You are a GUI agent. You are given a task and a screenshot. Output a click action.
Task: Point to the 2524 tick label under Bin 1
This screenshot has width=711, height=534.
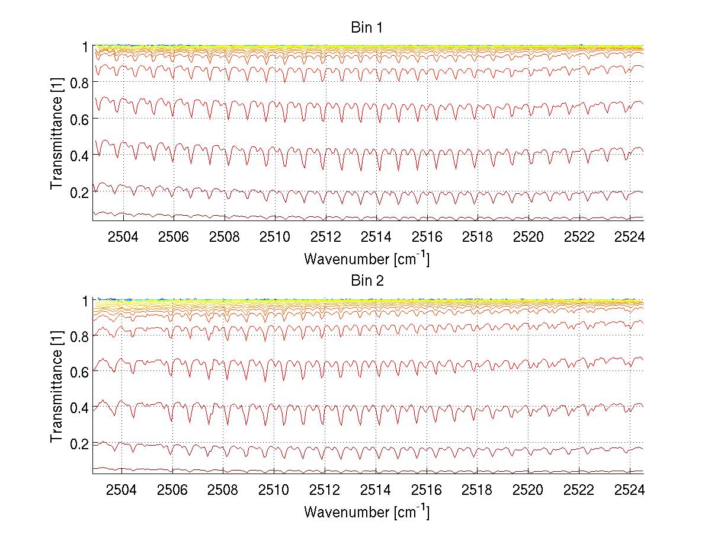[630, 237]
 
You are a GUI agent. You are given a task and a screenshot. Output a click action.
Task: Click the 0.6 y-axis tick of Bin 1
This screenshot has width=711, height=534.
[79, 119]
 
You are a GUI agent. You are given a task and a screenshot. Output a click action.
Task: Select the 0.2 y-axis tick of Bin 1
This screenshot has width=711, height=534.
[79, 192]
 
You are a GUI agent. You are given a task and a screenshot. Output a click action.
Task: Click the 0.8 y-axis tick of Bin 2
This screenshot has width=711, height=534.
[79, 336]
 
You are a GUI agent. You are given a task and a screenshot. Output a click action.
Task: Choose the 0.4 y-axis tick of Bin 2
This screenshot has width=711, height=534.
[79, 408]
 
